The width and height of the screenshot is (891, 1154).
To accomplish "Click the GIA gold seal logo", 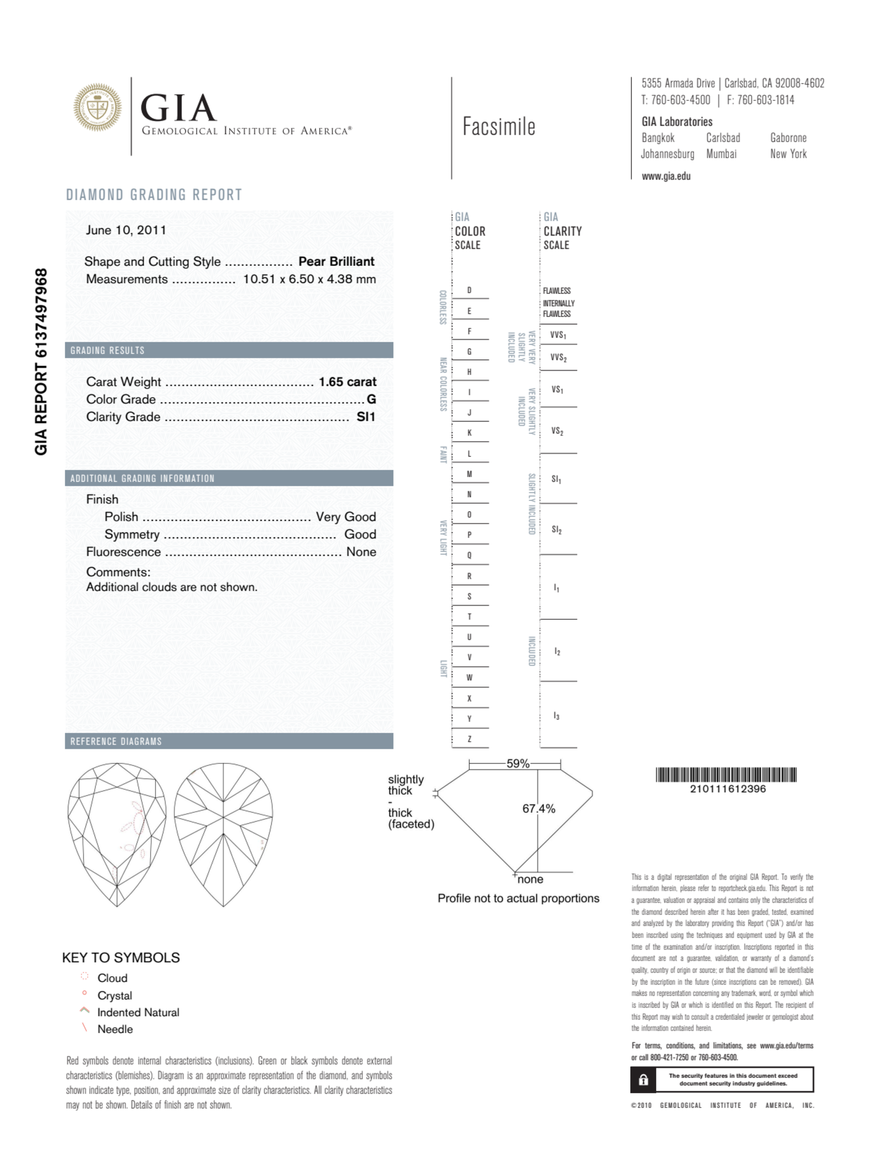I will tap(97, 107).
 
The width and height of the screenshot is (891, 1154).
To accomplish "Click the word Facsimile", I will tap(499, 127).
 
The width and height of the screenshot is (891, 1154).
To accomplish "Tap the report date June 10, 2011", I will tap(126, 230).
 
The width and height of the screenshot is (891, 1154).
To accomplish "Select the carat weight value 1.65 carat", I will tap(347, 381).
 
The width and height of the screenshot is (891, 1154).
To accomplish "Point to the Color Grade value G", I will tap(371, 400).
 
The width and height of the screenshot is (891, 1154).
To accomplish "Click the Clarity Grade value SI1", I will tap(366, 417).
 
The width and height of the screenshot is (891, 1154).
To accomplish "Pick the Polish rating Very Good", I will tap(346, 517).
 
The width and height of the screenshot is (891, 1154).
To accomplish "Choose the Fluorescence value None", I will tap(361, 552).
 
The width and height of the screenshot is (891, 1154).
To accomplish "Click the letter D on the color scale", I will tap(469, 290).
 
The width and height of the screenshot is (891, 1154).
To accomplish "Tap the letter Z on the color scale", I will tap(469, 739).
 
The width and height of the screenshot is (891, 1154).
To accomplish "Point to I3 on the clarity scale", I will tap(556, 716).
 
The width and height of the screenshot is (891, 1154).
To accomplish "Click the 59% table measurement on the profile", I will tap(517, 764).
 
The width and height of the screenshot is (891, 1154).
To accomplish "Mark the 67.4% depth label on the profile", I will tap(539, 808).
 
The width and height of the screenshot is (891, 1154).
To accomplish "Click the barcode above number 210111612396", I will tap(726, 775).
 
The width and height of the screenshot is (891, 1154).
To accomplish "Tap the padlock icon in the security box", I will tap(643, 1080).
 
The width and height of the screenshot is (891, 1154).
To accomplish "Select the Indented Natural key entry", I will tap(138, 1012).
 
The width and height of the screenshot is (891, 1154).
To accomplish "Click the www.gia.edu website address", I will tap(666, 176).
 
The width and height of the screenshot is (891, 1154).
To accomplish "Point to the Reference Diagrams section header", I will tap(116, 741).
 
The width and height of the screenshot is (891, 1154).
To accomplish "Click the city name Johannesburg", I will tap(667, 154).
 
